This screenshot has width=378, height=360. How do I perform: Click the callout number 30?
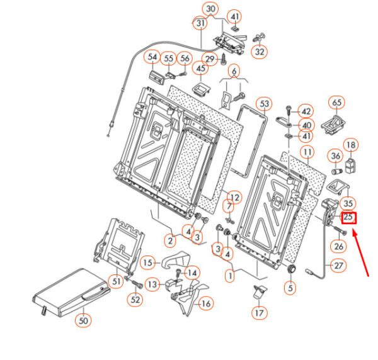tap(211, 9)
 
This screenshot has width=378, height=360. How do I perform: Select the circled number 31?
tap(201, 24)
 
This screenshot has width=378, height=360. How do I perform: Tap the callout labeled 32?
tap(260, 52)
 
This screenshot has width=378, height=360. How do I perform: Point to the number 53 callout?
tap(264, 103)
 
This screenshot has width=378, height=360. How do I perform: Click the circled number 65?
tap(336, 103)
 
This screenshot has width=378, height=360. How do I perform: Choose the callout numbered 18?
tap(350, 146)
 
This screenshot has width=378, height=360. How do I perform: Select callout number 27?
tap(338, 266)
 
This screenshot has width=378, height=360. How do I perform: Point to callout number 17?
tap(259, 312)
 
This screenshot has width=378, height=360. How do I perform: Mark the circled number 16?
tap(205, 303)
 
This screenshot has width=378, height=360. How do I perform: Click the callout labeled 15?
tap(147, 262)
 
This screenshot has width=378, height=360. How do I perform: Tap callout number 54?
tap(152, 57)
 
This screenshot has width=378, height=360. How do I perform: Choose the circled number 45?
tap(201, 68)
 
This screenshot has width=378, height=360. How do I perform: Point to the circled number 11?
tap(307, 152)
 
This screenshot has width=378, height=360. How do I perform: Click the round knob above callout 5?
tap(291, 269)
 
